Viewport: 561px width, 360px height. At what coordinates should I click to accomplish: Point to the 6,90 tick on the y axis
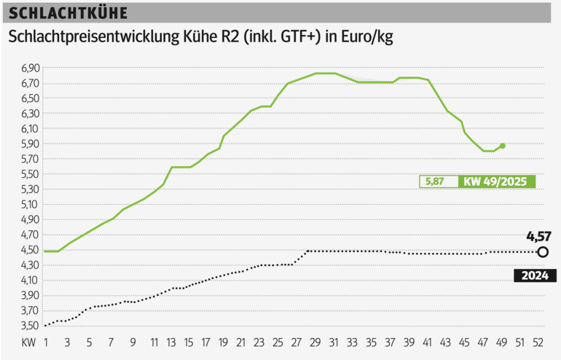pyautogui.click(x=30, y=68)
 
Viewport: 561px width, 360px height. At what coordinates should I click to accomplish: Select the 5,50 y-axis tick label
pyautogui.click(x=30, y=174)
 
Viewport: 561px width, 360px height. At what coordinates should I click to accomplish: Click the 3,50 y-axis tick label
pyautogui.click(x=30, y=326)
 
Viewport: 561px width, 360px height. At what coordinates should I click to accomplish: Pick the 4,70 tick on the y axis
pyautogui.click(x=30, y=235)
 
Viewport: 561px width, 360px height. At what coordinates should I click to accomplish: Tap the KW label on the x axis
pyautogui.click(x=28, y=342)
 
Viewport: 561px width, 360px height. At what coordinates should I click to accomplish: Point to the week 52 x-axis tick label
pyautogui.click(x=540, y=342)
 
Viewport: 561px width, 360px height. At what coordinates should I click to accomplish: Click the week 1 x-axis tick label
pyautogui.click(x=46, y=342)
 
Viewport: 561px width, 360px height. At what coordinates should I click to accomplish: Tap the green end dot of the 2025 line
pyautogui.click(x=503, y=146)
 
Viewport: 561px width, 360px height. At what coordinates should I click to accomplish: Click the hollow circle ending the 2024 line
pyautogui.click(x=543, y=252)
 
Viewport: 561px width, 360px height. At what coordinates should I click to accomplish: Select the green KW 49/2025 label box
pyautogui.click(x=496, y=181)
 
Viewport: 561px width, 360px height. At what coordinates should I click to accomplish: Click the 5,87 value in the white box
pyautogui.click(x=435, y=181)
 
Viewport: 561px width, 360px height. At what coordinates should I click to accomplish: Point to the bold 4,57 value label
pyautogui.click(x=538, y=235)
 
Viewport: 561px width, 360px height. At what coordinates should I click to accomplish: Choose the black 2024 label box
pyautogui.click(x=535, y=275)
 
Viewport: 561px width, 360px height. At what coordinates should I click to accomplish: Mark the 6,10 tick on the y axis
pyautogui.click(x=30, y=129)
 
